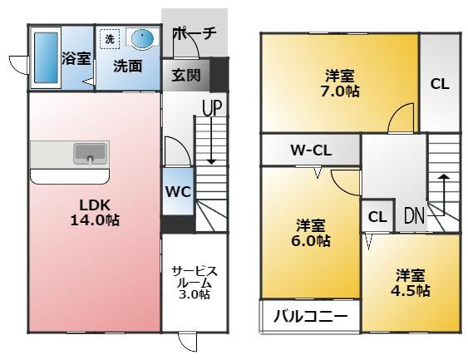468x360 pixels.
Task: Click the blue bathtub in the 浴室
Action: click(x=46, y=57)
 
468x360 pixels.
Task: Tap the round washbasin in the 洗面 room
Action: click(x=143, y=39)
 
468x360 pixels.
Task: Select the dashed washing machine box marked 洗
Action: click(x=110, y=39)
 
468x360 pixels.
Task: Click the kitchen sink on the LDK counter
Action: click(x=91, y=154)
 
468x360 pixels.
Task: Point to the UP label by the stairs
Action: click(x=212, y=108)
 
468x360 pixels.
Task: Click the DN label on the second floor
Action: click(x=414, y=215)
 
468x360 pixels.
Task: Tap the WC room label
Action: click(x=178, y=191)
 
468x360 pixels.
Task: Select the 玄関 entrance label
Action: click(x=186, y=75)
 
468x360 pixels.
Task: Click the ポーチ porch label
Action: click(x=195, y=33)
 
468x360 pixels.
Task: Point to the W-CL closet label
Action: click(x=311, y=150)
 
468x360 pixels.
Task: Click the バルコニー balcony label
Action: click(x=311, y=316)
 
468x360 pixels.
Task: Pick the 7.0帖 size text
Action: click(x=340, y=91)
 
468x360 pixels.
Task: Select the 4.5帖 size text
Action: click(x=411, y=290)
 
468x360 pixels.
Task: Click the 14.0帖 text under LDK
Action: click(x=95, y=220)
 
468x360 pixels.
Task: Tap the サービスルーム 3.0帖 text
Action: click(x=195, y=283)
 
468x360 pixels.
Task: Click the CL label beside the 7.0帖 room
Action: click(x=440, y=84)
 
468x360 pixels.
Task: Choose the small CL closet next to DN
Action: click(x=377, y=216)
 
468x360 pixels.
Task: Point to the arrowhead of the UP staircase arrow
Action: click(x=211, y=162)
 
